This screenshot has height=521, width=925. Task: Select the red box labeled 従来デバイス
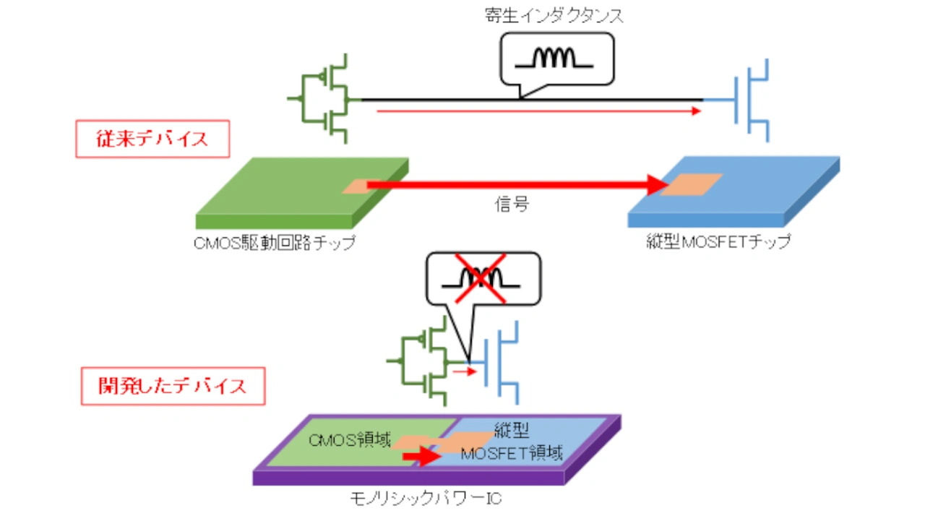click(x=152, y=139)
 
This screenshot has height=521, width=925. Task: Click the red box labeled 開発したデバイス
click(x=173, y=385)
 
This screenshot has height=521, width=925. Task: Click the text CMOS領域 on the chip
click(x=351, y=440)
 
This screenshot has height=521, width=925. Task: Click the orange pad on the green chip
click(x=359, y=186)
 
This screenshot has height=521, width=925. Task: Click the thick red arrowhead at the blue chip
click(x=656, y=185)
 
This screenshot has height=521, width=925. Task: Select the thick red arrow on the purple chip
click(x=421, y=457)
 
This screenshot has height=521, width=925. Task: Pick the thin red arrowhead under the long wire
click(x=696, y=111)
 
